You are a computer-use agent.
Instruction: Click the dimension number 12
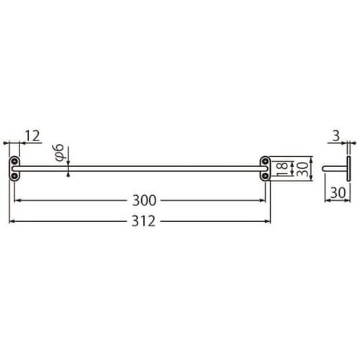coord(32,135)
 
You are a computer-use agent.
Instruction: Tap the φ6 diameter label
coord(60,152)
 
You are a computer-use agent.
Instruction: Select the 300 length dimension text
coord(142,199)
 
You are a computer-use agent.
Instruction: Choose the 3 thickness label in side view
coord(335,135)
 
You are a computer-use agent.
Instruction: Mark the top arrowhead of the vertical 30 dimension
coord(311,158)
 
